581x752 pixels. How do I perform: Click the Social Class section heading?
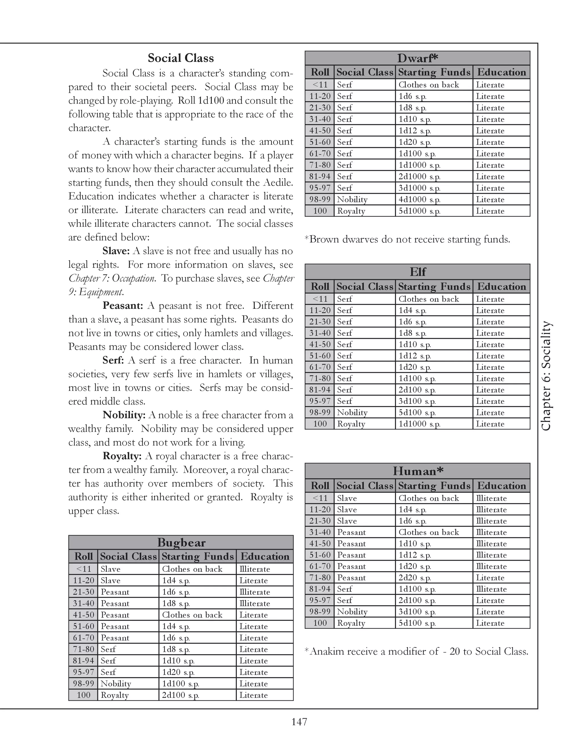(181, 58)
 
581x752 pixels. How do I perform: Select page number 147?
(299, 722)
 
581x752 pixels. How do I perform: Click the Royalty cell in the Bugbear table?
(115, 695)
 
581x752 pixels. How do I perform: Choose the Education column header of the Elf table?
(501, 287)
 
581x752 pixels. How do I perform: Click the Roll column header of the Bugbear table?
(84, 556)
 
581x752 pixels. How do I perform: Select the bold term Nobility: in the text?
(124, 415)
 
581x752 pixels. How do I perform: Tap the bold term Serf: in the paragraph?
(113, 360)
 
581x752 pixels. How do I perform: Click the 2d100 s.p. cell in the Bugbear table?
(180, 695)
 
